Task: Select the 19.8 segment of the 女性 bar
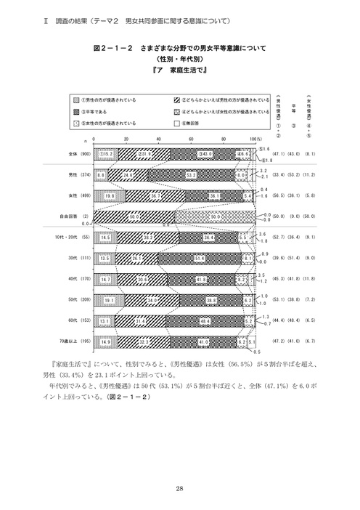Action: point(109,195)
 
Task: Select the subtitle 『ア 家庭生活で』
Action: point(181,71)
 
